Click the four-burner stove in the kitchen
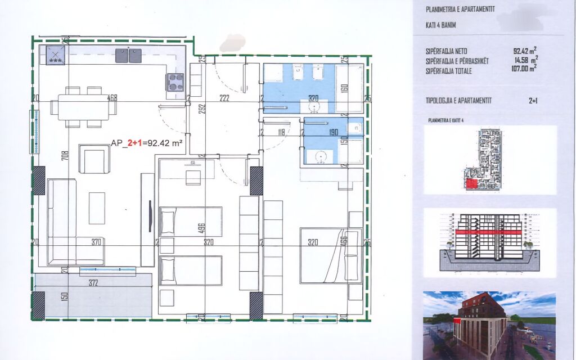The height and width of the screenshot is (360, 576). click(175, 82)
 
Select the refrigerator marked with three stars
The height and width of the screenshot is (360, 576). click(56, 55)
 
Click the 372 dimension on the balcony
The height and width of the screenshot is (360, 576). click(93, 283)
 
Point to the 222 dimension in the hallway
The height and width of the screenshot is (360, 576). click(225, 98)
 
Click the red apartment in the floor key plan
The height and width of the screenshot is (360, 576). click(471, 183)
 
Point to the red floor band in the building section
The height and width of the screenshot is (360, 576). click(488, 231)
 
